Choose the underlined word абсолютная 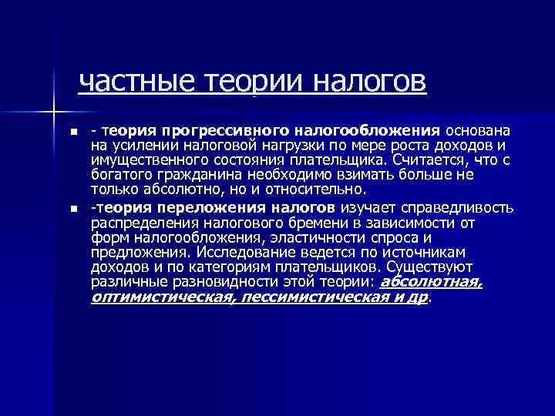click(432, 282)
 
